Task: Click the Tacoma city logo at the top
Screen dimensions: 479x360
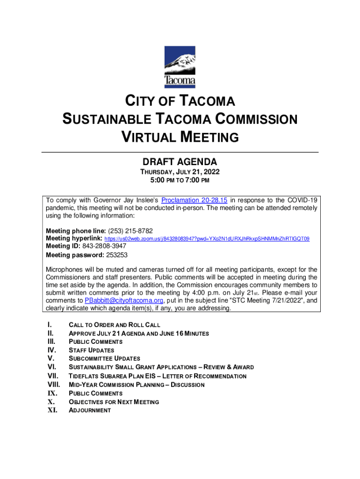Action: (180, 67)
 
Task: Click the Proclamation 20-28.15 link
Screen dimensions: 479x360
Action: (194, 201)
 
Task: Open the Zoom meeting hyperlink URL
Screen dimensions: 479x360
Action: (206, 239)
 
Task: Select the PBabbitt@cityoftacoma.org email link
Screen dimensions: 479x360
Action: (124, 300)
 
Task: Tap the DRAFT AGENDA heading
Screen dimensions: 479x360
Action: (180, 162)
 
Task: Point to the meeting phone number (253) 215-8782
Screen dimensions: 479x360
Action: (130, 231)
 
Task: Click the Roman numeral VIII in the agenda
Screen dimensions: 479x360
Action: (54, 385)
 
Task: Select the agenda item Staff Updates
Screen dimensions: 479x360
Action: (91, 350)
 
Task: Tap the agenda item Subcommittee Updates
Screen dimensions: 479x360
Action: (104, 359)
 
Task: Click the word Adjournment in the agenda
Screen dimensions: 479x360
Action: (90, 410)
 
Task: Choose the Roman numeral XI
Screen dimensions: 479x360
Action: (52, 410)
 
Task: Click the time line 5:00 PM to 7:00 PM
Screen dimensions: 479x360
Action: (180, 180)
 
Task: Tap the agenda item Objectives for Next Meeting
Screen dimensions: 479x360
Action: (114, 402)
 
